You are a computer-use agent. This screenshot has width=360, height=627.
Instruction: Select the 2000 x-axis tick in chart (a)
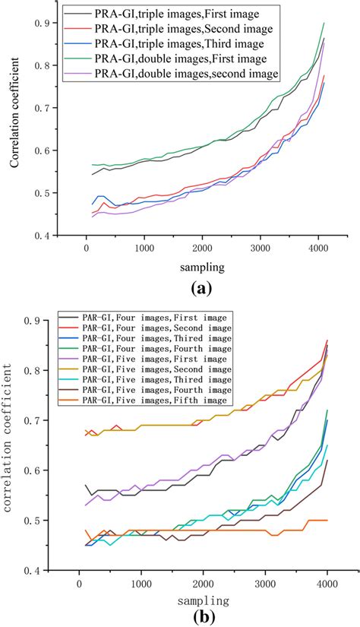tap(202, 248)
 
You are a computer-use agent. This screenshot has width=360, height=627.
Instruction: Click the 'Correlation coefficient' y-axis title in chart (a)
tap(15, 129)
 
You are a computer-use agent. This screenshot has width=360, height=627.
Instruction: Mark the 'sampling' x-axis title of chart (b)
tap(193, 598)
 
